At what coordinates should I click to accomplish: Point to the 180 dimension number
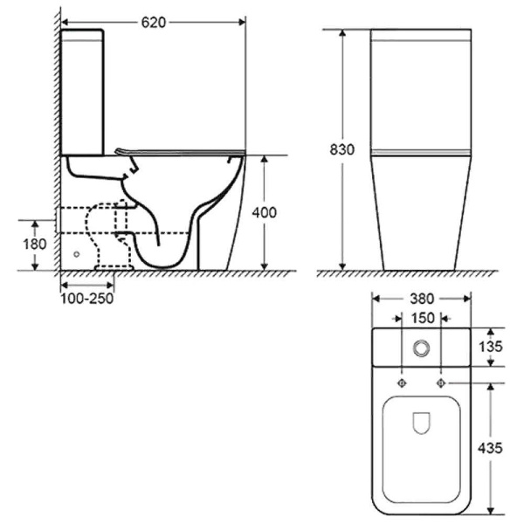(x=33, y=244)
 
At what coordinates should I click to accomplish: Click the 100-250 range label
(x=86, y=298)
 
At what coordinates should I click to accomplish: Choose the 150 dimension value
(x=421, y=318)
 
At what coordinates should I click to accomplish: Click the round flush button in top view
(x=421, y=348)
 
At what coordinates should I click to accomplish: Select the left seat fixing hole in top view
(x=402, y=383)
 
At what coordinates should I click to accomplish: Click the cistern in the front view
(x=421, y=87)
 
